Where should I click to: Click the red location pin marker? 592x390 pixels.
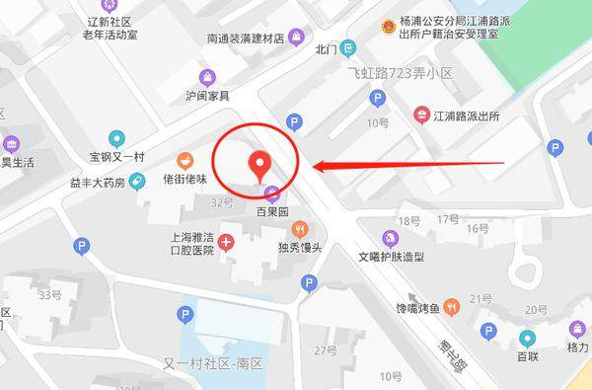pyautogui.click(x=260, y=164)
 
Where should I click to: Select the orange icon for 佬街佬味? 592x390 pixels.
pyautogui.click(x=185, y=161)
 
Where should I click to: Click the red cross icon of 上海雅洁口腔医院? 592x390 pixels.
pyautogui.click(x=227, y=242)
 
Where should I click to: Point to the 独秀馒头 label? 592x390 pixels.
pyautogui.click(x=300, y=247)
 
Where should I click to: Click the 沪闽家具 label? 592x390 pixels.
pyautogui.click(x=207, y=96)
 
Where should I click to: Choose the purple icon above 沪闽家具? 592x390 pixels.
pyautogui.click(x=207, y=77)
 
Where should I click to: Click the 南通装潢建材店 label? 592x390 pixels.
pyautogui.click(x=239, y=39)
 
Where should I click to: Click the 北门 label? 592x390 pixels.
pyautogui.click(x=327, y=47)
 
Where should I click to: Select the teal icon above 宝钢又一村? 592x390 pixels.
pyautogui.click(x=116, y=139)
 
